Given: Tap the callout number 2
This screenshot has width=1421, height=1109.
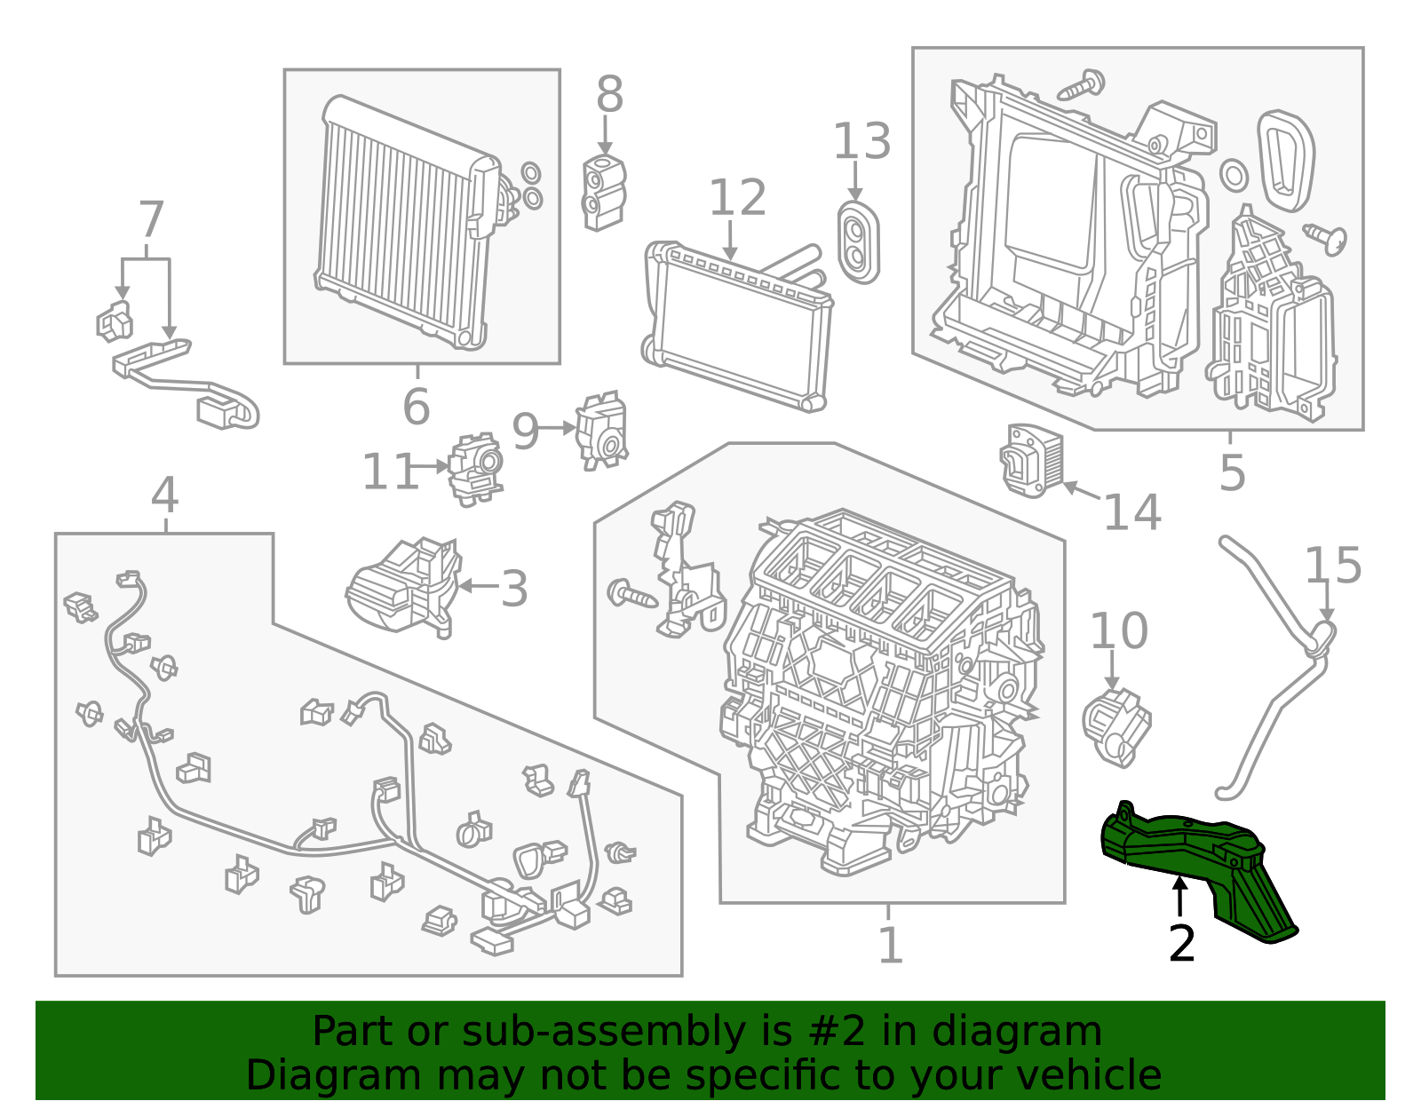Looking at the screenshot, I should pyautogui.click(x=1182, y=944).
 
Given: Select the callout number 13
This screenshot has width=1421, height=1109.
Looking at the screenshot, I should pyautogui.click(x=861, y=142).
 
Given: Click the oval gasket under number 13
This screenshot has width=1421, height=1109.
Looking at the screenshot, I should pyautogui.click(x=858, y=242).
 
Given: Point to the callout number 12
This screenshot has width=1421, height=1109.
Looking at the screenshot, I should pyautogui.click(x=737, y=198).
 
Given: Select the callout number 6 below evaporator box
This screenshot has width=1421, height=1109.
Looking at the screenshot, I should pyautogui.click(x=416, y=407).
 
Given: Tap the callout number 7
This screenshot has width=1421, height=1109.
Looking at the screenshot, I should pyautogui.click(x=151, y=219).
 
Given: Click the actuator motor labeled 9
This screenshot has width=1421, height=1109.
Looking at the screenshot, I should pyautogui.click(x=601, y=432).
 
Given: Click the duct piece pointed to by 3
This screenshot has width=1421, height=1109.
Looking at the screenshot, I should pyautogui.click(x=404, y=586).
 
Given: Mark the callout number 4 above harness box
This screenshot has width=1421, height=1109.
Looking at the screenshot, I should pyautogui.click(x=165, y=495).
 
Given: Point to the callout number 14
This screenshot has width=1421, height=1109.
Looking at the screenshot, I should pyautogui.click(x=1131, y=512).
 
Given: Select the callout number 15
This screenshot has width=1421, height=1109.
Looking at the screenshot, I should pyautogui.click(x=1332, y=566).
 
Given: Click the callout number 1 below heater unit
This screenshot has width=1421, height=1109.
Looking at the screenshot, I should pyautogui.click(x=890, y=945).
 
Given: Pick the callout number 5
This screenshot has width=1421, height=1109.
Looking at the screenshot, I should pyautogui.click(x=1232, y=472).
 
